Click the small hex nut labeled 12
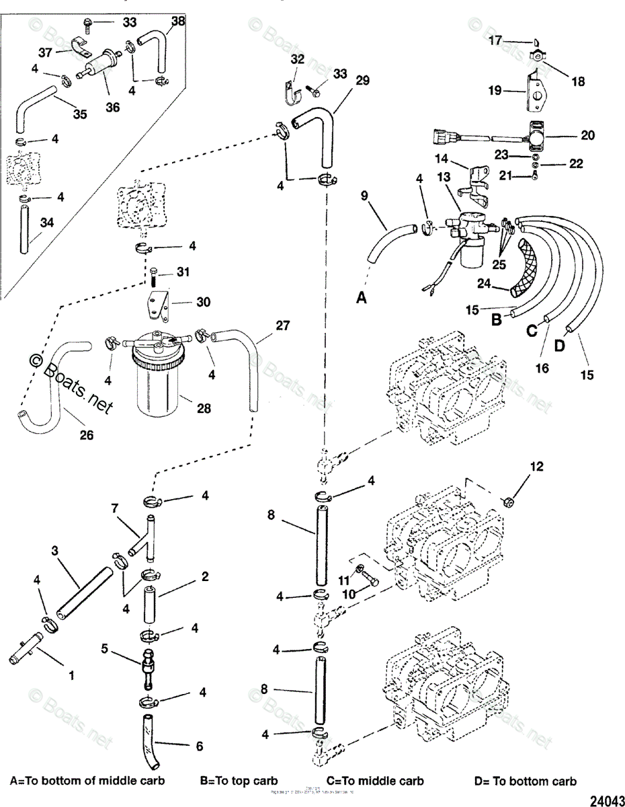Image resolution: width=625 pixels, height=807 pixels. [x=509, y=501]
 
